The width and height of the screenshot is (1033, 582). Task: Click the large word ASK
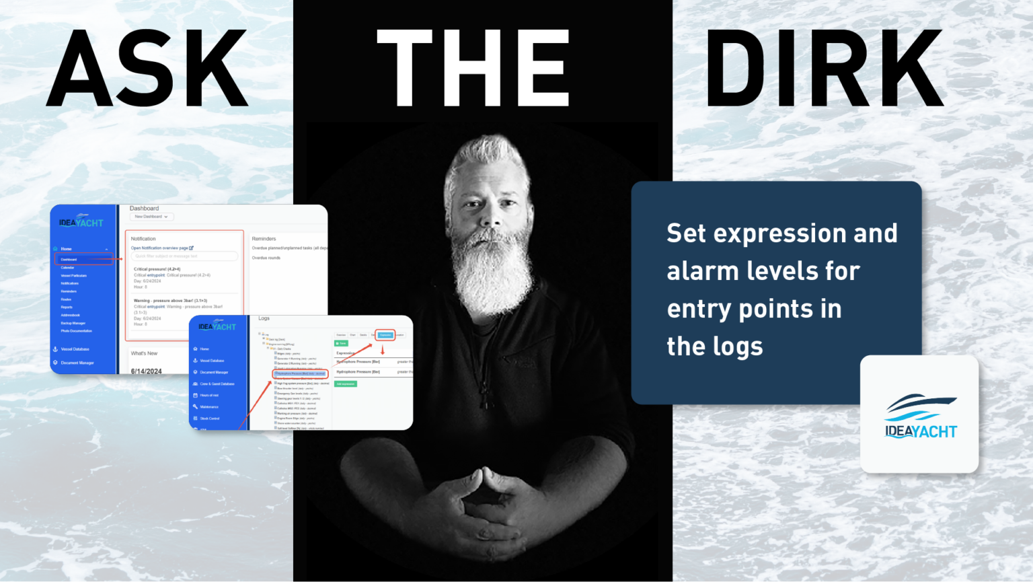pos(148,69)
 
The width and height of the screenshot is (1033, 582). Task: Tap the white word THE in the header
pos(473,69)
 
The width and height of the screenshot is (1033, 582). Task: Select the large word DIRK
pos(825,69)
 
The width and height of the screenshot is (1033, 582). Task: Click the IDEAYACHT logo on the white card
pos(920,417)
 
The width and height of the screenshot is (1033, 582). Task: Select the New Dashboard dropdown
pos(152,217)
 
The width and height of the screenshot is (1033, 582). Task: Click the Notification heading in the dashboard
pos(143,239)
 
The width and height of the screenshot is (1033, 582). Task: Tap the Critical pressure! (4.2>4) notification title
pos(157,269)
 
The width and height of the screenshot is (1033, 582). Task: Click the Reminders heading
pos(264,239)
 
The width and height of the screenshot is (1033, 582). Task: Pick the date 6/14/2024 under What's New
pos(146,371)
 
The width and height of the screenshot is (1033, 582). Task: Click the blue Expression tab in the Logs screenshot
pos(385,334)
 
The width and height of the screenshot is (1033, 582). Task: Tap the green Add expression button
pos(346,384)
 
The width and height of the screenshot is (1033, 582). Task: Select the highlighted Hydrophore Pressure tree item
pos(300,373)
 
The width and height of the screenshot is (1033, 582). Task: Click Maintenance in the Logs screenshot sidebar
pos(208,407)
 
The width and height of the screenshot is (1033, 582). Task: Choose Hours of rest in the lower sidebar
pos(208,396)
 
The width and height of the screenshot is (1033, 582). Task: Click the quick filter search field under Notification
pos(184,256)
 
